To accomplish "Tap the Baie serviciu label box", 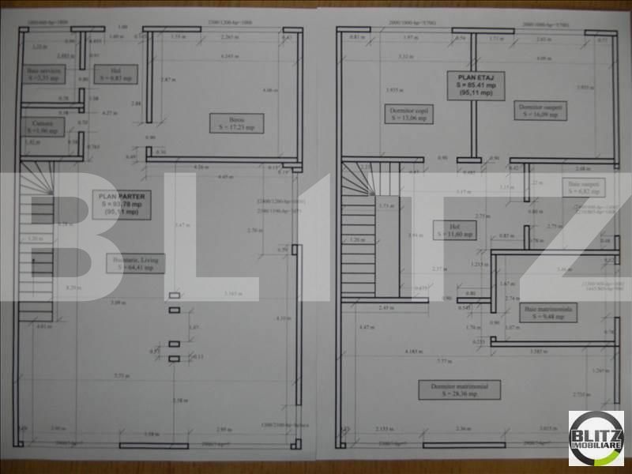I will tap(45, 74).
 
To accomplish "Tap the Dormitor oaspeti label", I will tap(542, 110).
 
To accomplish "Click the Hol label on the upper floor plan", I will tap(457, 232).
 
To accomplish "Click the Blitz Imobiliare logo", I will tap(596, 438).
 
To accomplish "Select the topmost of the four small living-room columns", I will tap(175, 295).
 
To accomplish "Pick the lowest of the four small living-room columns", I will tap(175, 359).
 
